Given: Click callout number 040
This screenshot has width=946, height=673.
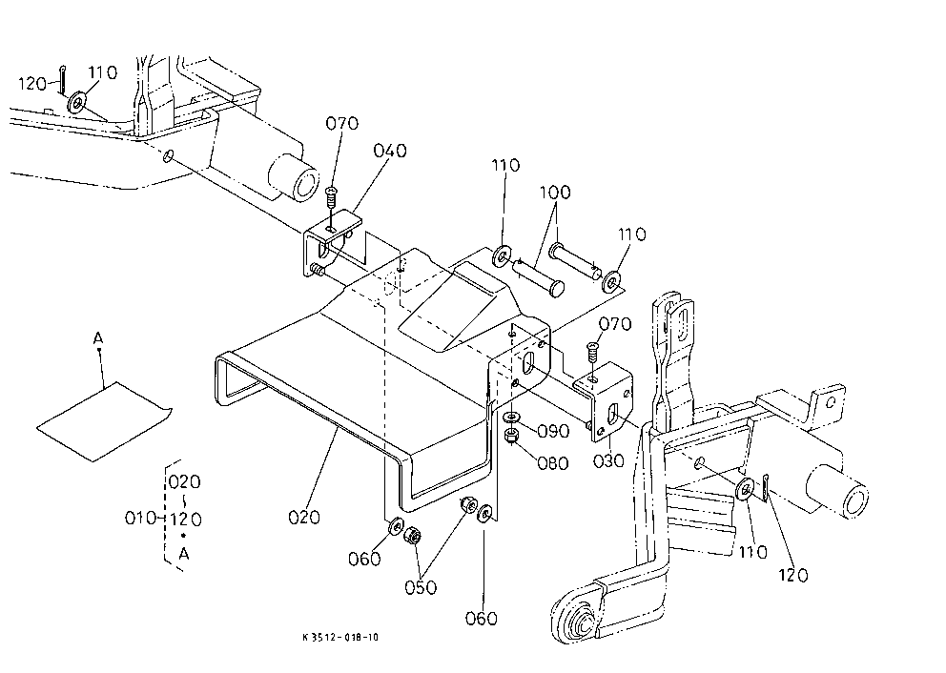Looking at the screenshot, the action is tap(390, 151).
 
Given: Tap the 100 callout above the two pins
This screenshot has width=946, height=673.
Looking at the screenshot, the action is tap(554, 193).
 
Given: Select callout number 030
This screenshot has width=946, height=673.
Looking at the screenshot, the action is tap(608, 461).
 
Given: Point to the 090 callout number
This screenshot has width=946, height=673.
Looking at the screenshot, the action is tap(553, 431).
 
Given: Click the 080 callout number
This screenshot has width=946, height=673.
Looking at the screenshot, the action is tap(553, 463).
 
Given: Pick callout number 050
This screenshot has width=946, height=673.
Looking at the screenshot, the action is tap(421, 587).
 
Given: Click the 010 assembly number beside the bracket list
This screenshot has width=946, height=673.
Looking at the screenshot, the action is tap(140, 518).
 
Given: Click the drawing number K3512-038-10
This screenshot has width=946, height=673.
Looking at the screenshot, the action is tap(340, 637).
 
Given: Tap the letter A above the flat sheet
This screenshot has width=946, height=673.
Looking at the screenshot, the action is tap(98, 338).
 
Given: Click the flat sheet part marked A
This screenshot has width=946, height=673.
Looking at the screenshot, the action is tap(104, 421).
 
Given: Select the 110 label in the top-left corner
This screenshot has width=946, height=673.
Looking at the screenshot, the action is tap(103, 73).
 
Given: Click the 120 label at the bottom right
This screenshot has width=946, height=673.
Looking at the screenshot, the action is tap(792, 576).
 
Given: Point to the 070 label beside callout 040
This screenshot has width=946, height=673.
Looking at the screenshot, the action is tap(342, 123).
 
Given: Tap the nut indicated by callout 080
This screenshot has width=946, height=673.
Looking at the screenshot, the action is tap(511, 436).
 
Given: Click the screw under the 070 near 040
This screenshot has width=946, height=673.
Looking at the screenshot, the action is tap(330, 196).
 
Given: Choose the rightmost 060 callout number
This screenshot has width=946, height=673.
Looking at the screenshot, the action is tap(481, 618).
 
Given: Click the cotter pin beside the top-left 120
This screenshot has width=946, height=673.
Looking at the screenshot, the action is tap(63, 81).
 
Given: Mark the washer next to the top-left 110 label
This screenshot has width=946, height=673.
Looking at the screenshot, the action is tap(76, 103).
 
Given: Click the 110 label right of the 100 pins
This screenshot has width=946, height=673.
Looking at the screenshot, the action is tap(631, 234).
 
